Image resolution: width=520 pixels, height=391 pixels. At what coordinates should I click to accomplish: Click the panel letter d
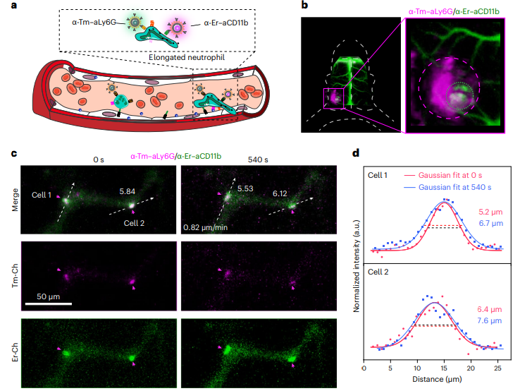tap(357, 152)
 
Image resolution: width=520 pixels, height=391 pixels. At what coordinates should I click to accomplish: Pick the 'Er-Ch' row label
tap(16, 345)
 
